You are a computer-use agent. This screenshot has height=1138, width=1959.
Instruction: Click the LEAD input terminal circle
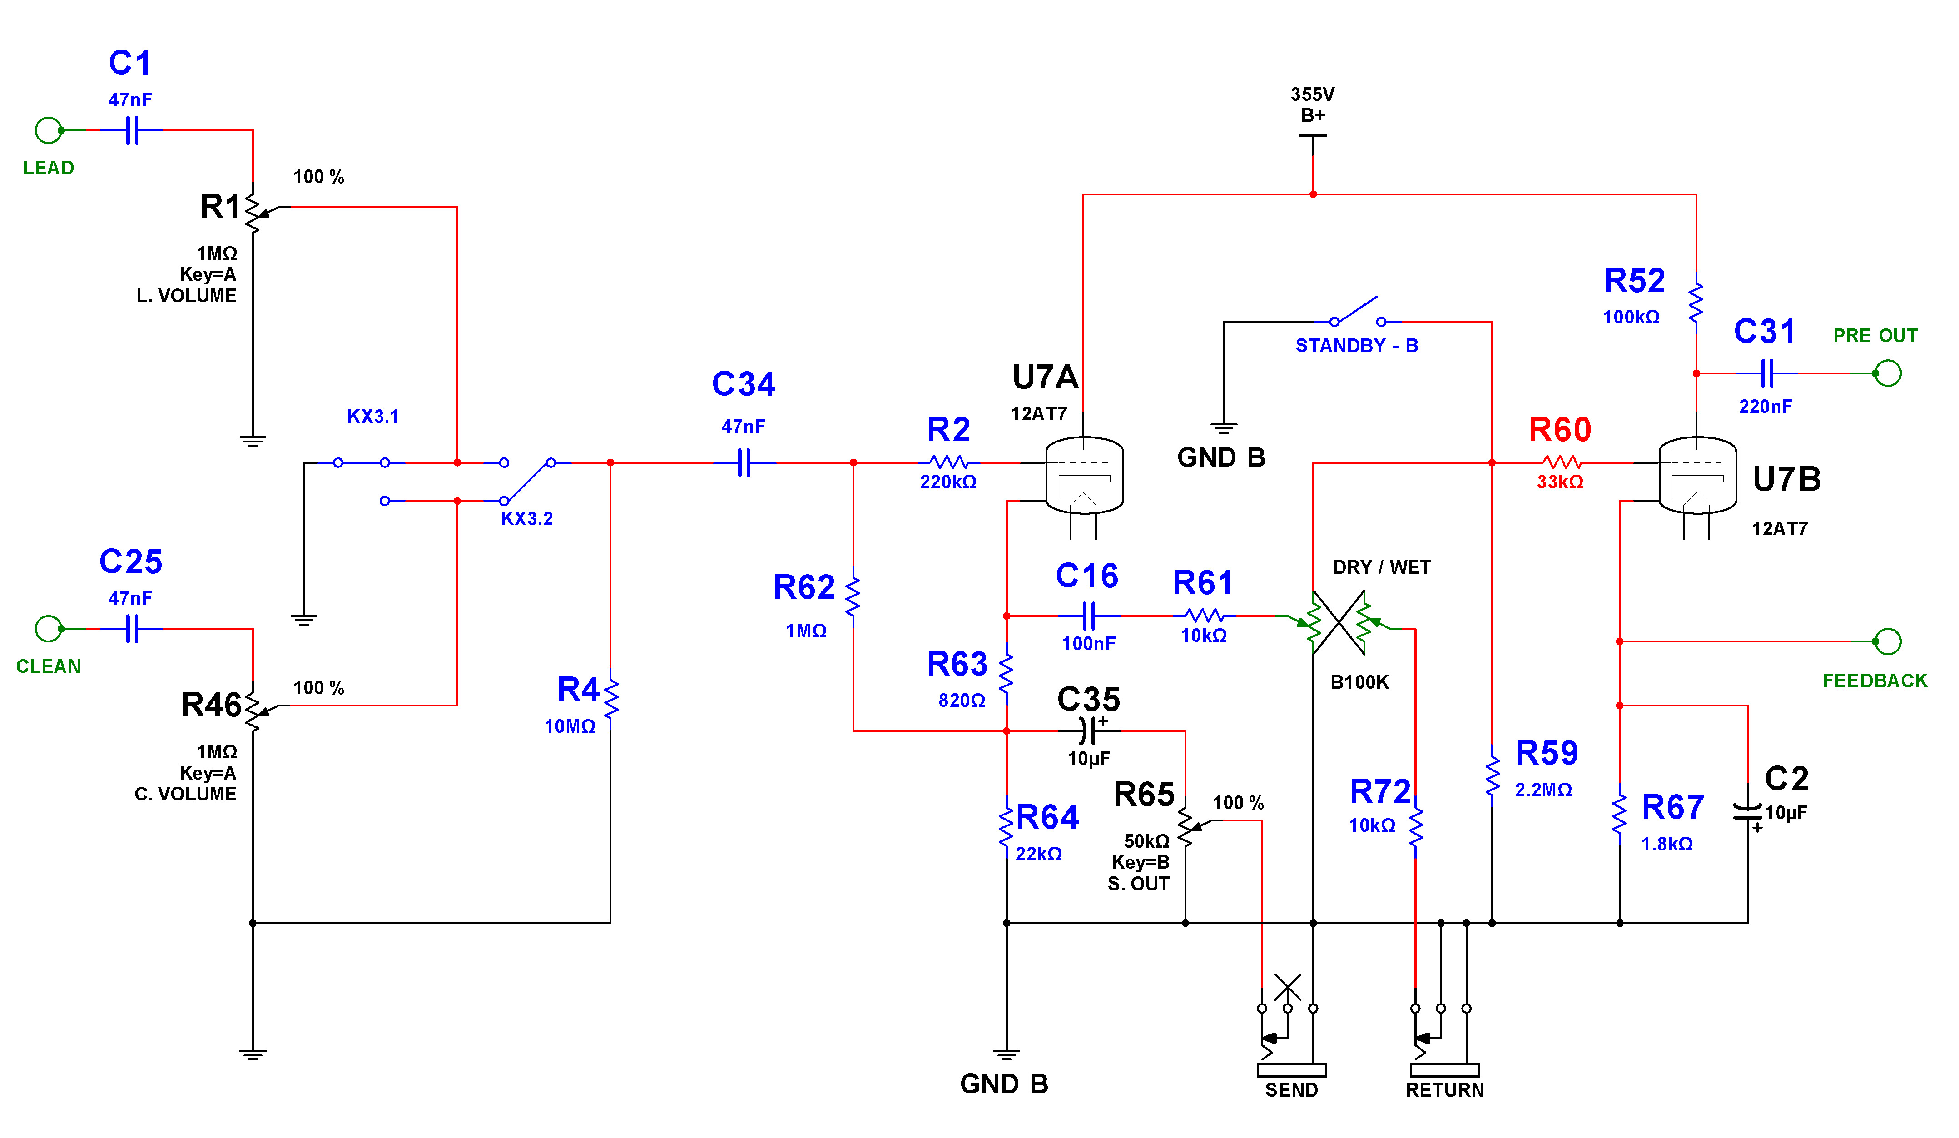[x=48, y=130]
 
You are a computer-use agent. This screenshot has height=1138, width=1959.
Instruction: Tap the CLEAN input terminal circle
[x=48, y=629]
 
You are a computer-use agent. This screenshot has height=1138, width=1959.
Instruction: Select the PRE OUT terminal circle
[x=1888, y=373]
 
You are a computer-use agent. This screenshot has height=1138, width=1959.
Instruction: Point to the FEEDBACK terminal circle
[x=1888, y=641]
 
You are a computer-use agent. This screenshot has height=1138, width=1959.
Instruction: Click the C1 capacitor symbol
[x=132, y=130]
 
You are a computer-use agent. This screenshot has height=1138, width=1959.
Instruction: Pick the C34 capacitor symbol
[x=744, y=462]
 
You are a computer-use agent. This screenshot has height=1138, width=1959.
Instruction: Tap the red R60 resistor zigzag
[x=1561, y=462]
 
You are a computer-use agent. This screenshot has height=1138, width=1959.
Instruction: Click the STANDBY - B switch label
[x=1357, y=346]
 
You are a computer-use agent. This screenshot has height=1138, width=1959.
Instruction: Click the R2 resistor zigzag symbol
[x=948, y=462]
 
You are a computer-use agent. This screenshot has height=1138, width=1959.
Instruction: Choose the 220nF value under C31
[x=1766, y=407]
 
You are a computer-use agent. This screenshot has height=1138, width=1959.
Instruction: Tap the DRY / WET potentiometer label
[x=1381, y=567]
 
